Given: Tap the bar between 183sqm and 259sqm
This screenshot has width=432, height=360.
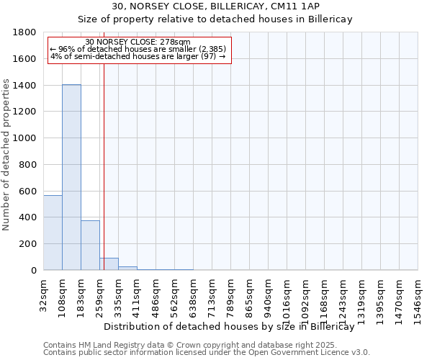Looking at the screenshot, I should pyautogui.click(x=90, y=245).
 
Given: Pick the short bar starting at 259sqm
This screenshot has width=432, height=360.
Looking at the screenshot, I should pyautogui.click(x=109, y=264).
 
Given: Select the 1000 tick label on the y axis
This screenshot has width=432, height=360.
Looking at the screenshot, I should pyautogui.click(x=24, y=138).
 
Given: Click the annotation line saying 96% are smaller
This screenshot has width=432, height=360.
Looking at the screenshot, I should pyautogui.click(x=138, y=49).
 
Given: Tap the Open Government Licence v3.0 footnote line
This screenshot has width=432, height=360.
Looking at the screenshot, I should pyautogui.click(x=207, y=353).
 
